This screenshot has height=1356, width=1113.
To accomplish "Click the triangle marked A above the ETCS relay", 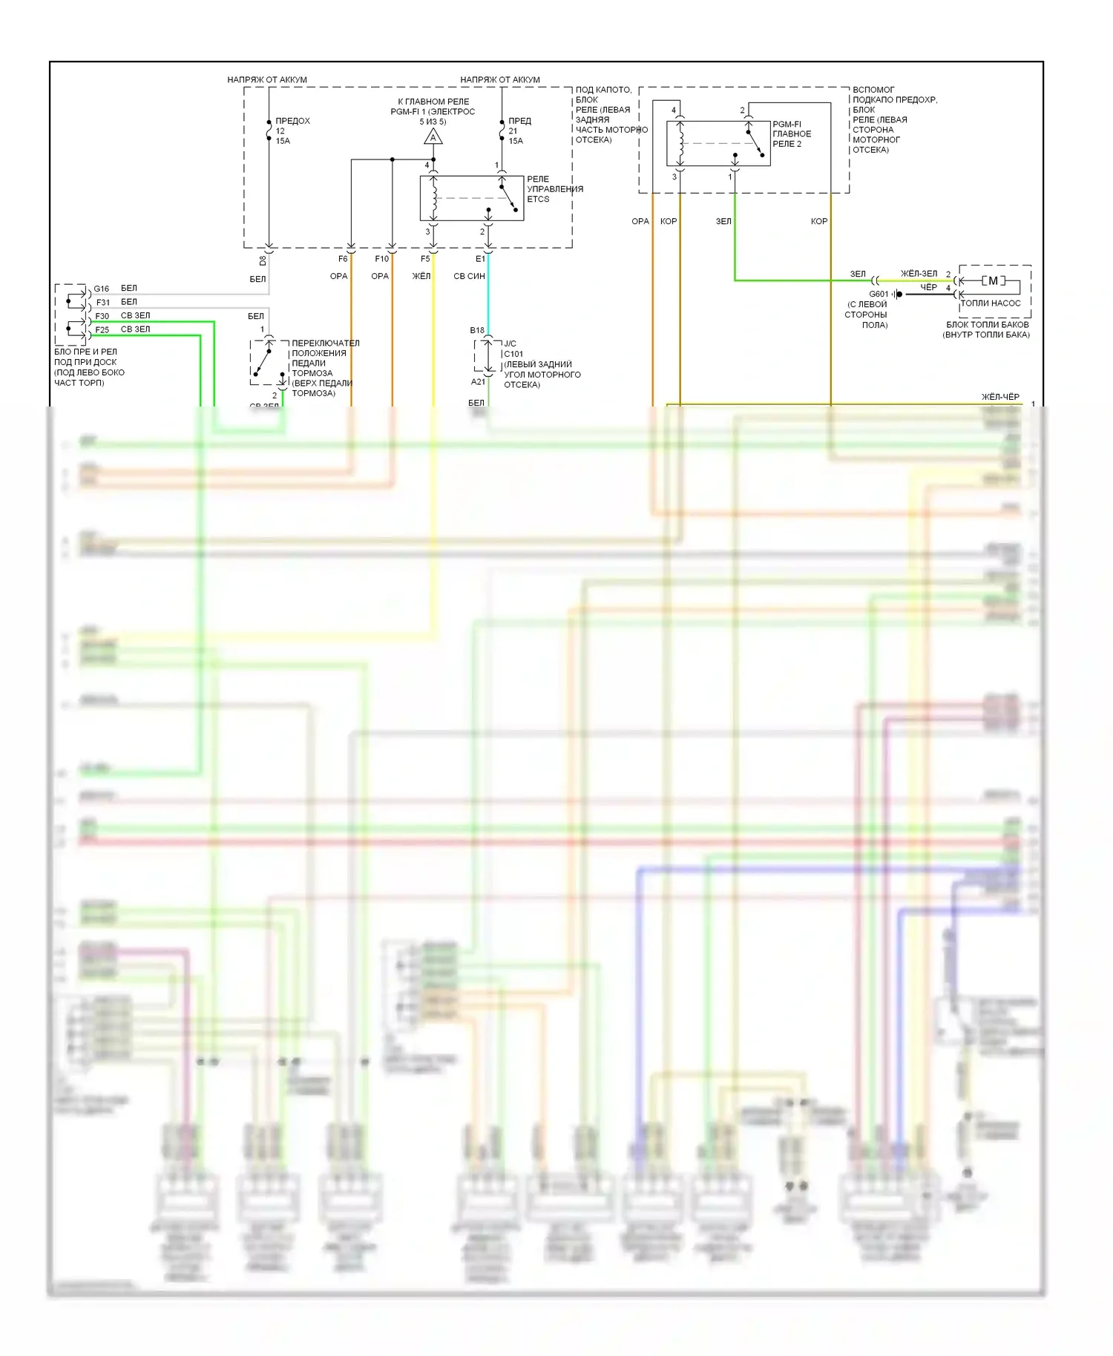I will point(433,137).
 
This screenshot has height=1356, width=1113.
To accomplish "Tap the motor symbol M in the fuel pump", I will point(993,281).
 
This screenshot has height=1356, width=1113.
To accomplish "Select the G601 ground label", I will point(879,294).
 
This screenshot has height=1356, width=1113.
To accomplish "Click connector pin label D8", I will point(263,260).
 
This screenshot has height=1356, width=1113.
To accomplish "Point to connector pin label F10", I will point(381,259).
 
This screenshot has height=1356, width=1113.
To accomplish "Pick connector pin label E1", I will point(480,259).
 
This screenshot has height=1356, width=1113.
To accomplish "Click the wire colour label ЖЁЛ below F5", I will point(421,276).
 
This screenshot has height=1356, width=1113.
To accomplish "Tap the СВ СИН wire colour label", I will point(469,276).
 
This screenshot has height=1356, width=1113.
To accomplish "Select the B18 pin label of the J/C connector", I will point(476,330).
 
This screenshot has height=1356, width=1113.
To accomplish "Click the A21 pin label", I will point(478,382).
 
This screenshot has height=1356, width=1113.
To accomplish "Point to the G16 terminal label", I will point(102,289).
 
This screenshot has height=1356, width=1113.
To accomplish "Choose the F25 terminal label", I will point(102,330).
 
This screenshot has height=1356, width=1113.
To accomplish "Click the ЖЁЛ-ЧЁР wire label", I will point(1000,397).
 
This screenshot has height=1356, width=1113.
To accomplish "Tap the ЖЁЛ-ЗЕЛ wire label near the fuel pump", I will point(919,274).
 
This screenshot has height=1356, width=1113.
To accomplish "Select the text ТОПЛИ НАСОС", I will point(991,303).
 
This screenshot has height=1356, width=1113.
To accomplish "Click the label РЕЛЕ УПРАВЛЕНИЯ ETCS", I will point(554,189).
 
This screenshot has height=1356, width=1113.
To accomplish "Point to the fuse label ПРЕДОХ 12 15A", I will point(292,131).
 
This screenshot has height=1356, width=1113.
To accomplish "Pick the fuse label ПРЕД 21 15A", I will point(519,131).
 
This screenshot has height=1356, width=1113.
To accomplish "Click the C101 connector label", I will point(513,354).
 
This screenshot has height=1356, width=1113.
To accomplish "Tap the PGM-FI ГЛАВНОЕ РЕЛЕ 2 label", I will point(792,134).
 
